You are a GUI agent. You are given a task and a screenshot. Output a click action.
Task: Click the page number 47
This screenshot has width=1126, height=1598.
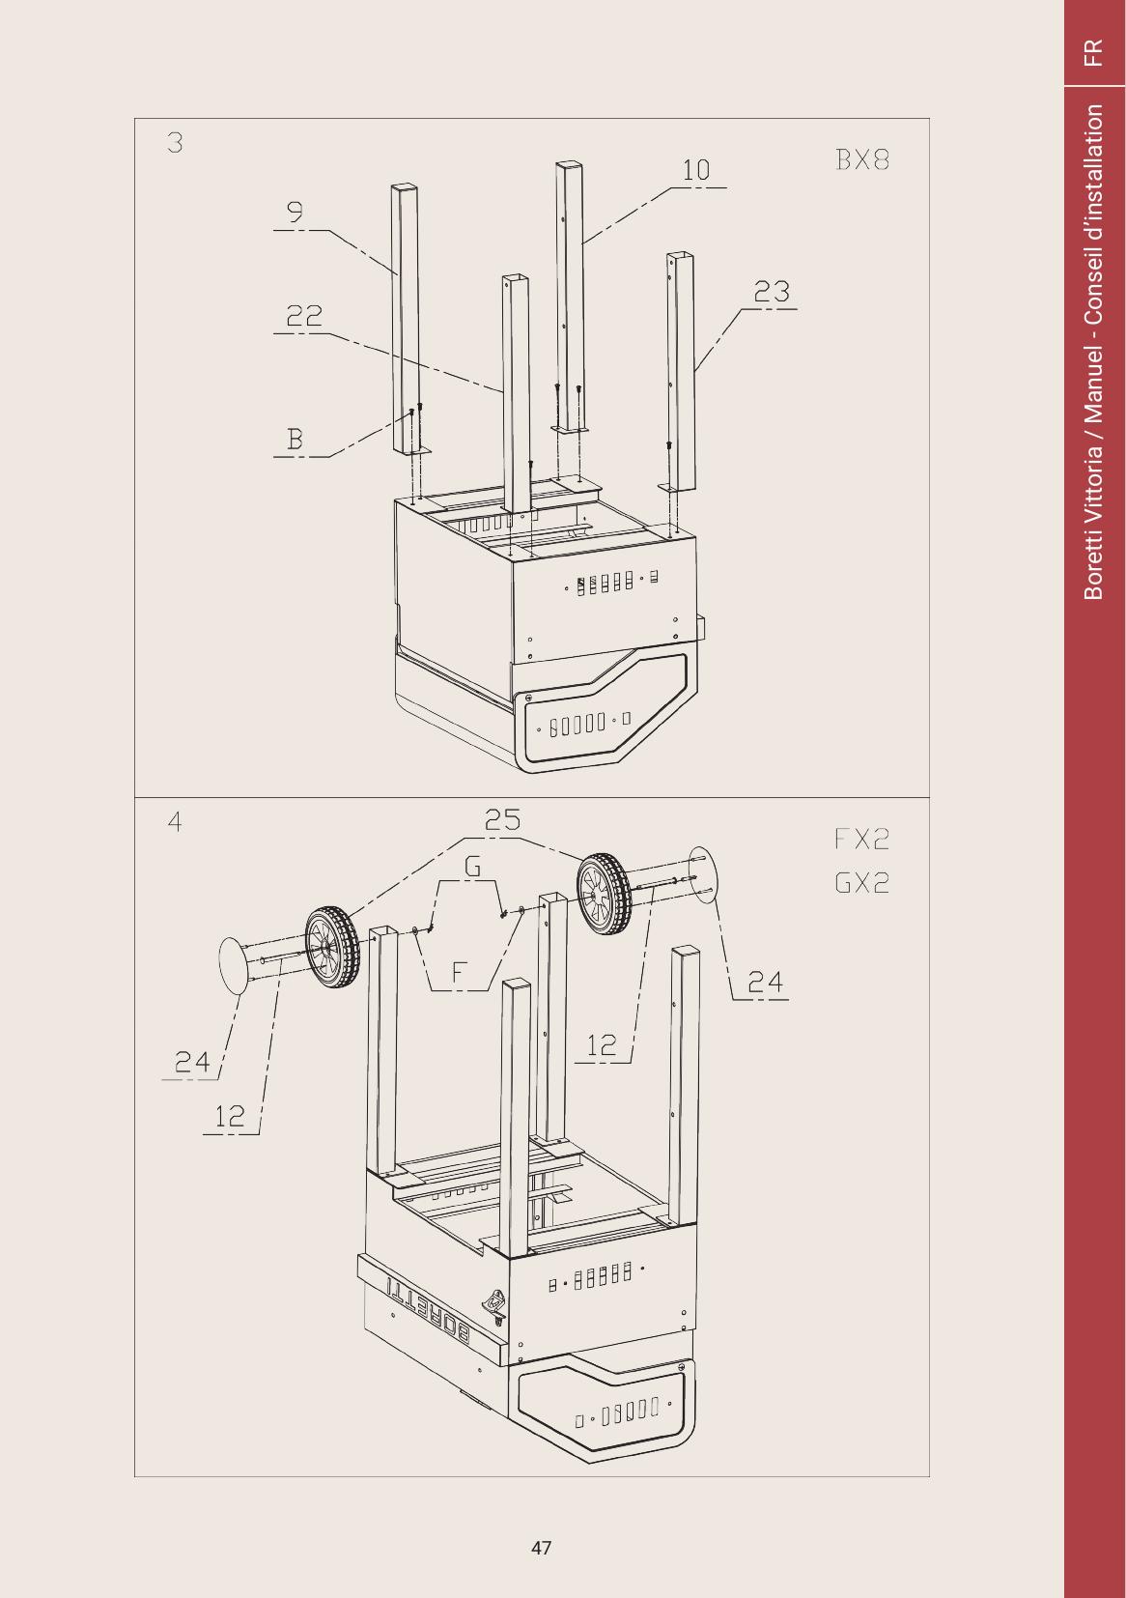pyautogui.click(x=541, y=1548)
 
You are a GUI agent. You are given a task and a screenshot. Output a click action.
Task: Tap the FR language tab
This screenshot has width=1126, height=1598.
pyautogui.click(x=1093, y=53)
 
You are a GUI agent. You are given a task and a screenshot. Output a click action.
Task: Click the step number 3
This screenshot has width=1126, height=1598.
pyautogui.click(x=175, y=143)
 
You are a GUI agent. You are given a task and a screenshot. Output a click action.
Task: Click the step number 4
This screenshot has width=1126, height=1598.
pyautogui.click(x=175, y=822)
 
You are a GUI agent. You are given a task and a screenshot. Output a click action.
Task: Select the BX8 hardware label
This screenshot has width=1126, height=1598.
pyautogui.click(x=862, y=159)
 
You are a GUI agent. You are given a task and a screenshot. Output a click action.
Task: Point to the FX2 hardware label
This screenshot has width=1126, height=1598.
pyautogui.click(x=862, y=839)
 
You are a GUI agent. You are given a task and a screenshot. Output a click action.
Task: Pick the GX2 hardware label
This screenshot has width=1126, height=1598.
pyautogui.click(x=862, y=883)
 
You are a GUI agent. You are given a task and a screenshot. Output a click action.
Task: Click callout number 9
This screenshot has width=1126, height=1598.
pyautogui.click(x=295, y=212)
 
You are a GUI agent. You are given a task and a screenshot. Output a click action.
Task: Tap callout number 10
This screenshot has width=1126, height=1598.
pyautogui.click(x=696, y=170)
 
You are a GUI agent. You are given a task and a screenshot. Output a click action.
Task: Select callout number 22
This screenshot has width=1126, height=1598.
pyautogui.click(x=304, y=315)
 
